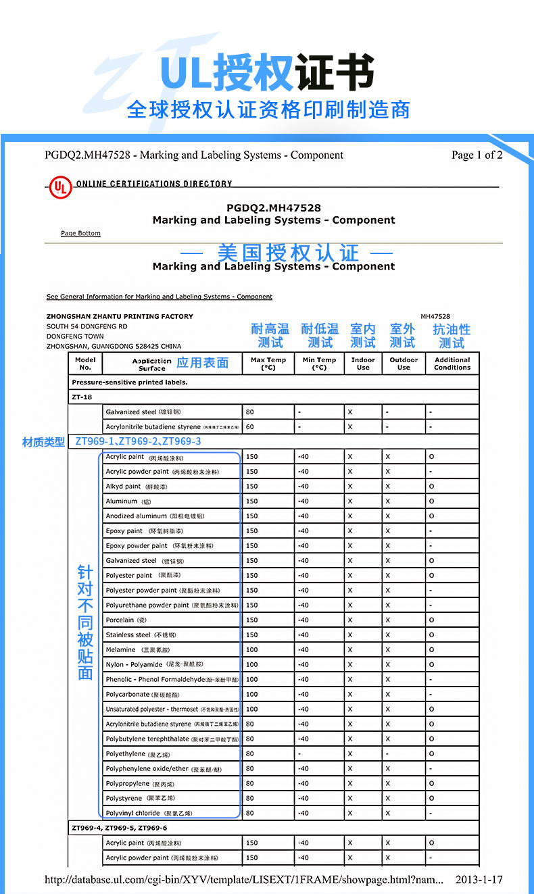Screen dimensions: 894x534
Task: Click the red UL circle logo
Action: (59, 187)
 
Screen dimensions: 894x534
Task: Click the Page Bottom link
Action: (80, 233)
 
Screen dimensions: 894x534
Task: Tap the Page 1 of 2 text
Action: (477, 155)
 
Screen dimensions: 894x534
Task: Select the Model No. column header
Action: (85, 364)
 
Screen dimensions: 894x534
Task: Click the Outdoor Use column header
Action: (404, 364)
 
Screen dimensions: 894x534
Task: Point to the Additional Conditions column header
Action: (452, 364)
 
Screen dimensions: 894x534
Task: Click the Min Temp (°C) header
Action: (319, 364)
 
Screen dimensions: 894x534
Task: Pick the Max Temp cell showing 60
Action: (250, 427)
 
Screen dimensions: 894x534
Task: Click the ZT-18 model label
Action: (82, 397)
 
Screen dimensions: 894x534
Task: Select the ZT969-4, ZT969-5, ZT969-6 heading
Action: (120, 828)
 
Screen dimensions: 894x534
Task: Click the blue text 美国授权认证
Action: (288, 253)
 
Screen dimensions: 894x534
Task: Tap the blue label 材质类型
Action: (43, 442)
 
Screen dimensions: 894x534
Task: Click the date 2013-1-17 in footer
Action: (479, 880)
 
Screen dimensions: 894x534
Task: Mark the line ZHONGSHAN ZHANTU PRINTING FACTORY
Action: (120, 316)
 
